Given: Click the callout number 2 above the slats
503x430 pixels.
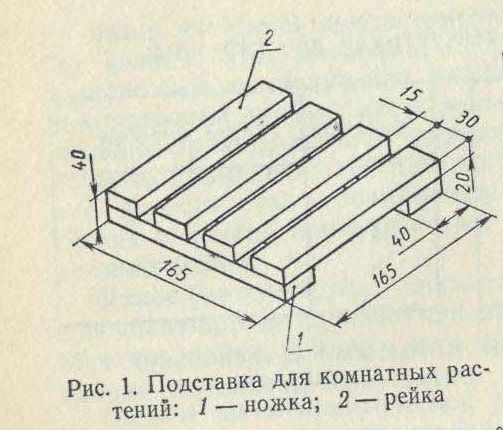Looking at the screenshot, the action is pos(269,40).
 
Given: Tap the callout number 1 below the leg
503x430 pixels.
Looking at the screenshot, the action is pos(299,340).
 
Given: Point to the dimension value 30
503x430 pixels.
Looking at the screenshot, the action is pos(467,122).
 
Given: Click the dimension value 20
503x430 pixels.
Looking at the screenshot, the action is pos(463,181).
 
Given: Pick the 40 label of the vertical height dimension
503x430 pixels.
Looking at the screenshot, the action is pos(80,161).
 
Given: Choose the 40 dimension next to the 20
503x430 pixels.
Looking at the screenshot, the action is pos(400,238).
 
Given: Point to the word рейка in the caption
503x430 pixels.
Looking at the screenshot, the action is pos(416,397).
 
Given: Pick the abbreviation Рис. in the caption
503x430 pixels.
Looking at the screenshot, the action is pos(88,389).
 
